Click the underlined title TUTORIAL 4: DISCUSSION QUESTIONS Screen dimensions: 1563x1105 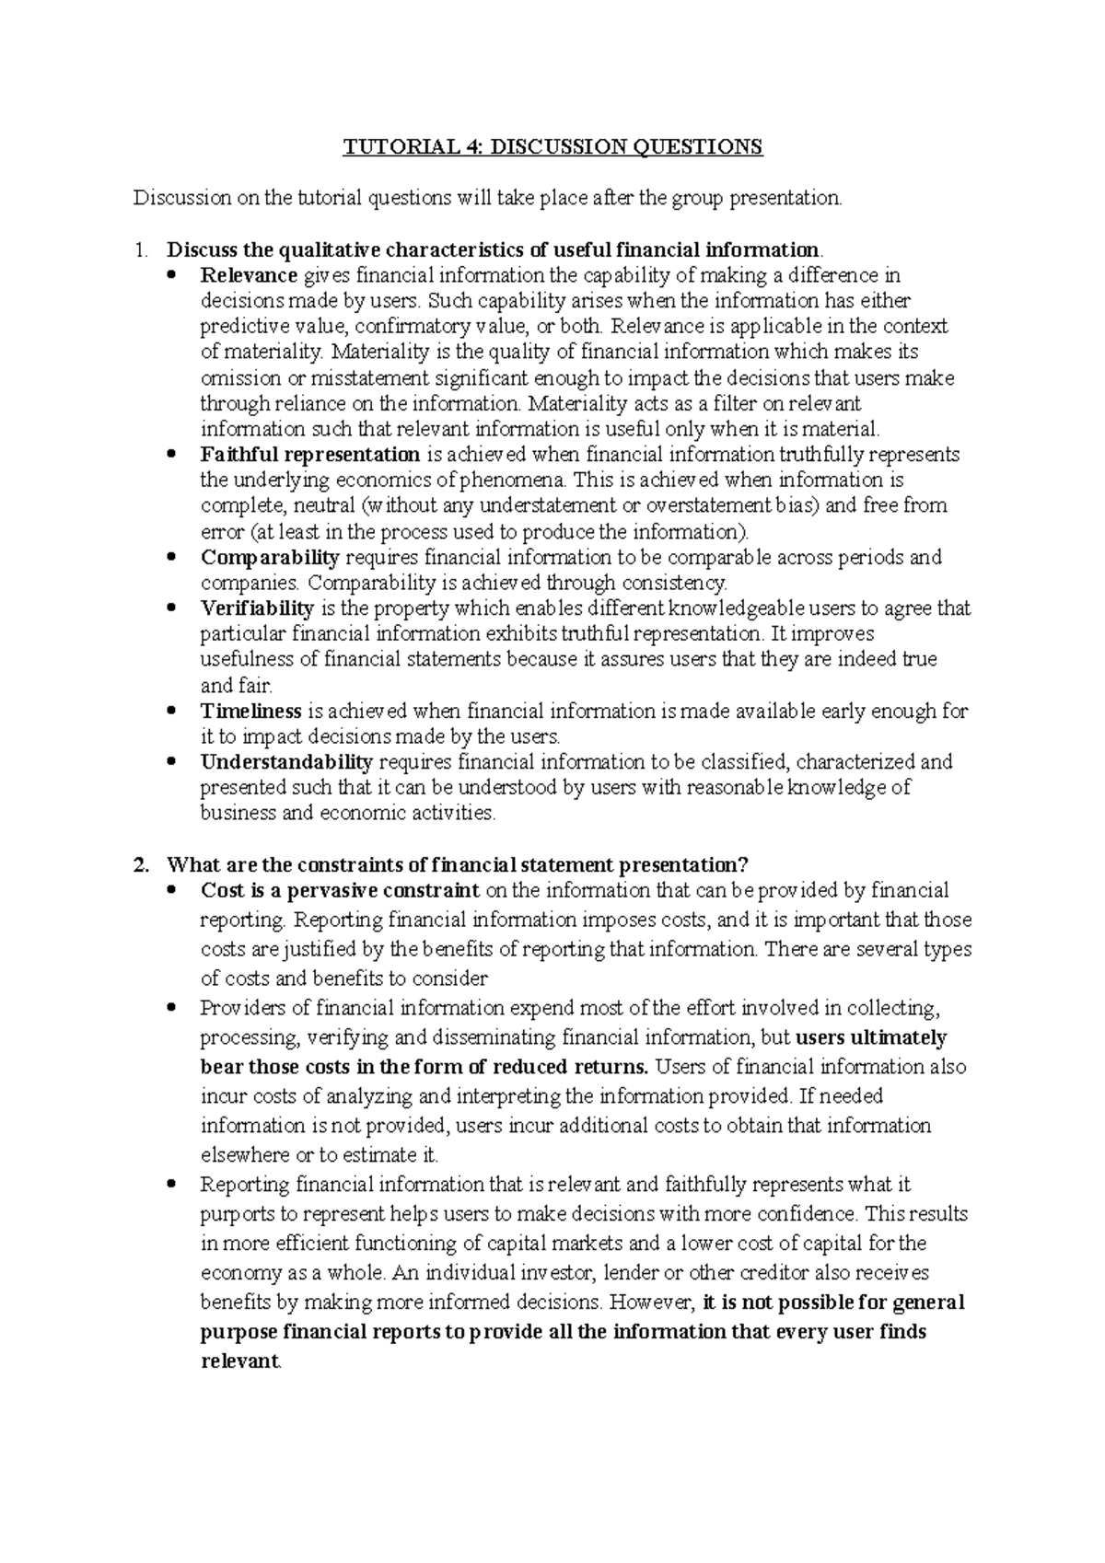tap(552, 147)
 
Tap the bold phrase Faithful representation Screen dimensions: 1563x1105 tap(310, 455)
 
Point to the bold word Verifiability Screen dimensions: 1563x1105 tap(257, 608)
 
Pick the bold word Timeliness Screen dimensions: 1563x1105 tap(250, 712)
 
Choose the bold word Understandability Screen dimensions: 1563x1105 tap(286, 762)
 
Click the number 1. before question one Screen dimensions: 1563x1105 tap(139, 250)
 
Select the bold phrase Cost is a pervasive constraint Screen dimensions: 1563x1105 tap(340, 890)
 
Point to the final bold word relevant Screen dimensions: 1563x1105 tap(238, 1361)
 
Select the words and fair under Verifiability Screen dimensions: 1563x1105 tap(237, 686)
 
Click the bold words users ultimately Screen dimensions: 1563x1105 tap(870, 1037)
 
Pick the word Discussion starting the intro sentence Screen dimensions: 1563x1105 tap(178, 198)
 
